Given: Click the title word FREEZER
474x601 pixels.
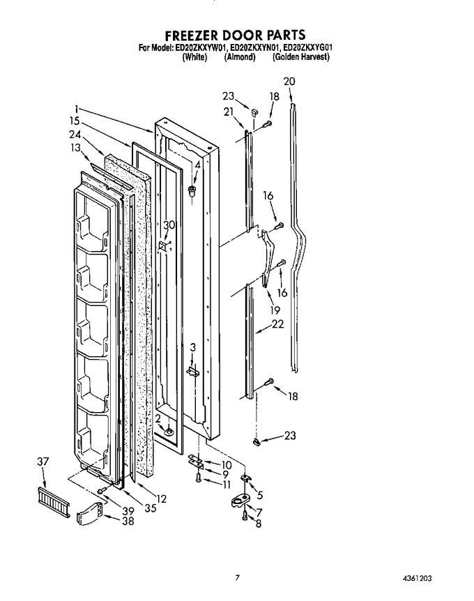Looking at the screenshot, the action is pyautogui.click(x=191, y=35).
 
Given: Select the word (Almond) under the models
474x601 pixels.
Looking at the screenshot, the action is pyautogui.click(x=240, y=57).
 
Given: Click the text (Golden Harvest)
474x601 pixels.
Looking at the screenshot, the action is pyautogui.click(x=301, y=57).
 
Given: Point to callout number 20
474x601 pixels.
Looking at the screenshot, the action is pyautogui.click(x=289, y=82).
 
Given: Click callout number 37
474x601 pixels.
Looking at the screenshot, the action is pyautogui.click(x=43, y=462).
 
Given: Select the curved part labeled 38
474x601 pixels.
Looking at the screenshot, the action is pyautogui.click(x=90, y=513).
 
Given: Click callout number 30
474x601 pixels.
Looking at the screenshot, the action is pyautogui.click(x=169, y=225).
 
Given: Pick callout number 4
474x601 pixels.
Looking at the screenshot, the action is pyautogui.click(x=197, y=165).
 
